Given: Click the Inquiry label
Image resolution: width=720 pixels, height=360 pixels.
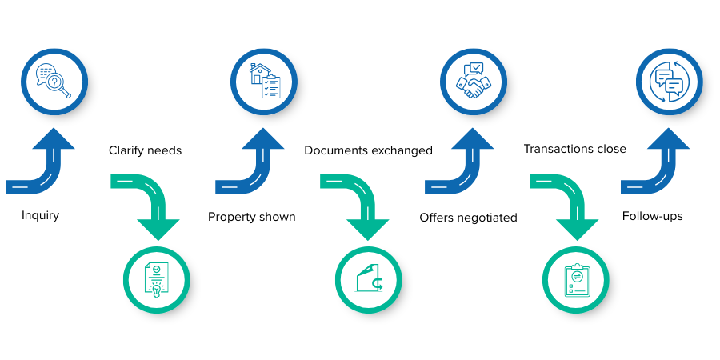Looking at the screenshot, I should (x=40, y=216).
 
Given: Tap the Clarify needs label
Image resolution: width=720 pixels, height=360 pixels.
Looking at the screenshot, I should (x=146, y=150).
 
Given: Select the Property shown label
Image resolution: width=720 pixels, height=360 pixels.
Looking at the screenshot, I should (x=252, y=217).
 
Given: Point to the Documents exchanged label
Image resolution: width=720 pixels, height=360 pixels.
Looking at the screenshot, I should (x=369, y=150).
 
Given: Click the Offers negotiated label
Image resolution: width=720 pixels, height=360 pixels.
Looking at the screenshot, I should (x=468, y=217).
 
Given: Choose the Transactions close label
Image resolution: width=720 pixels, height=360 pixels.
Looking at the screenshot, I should (x=574, y=149).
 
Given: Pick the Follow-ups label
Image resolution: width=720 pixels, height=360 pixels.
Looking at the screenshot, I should (x=655, y=216).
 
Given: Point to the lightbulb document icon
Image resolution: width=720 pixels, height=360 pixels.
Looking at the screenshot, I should (x=157, y=279).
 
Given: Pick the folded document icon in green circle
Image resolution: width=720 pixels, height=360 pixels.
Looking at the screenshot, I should (x=368, y=279).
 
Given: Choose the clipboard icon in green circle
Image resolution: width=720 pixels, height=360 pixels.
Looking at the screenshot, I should (x=576, y=279).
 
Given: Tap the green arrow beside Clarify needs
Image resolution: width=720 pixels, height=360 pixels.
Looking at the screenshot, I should (x=152, y=204).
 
